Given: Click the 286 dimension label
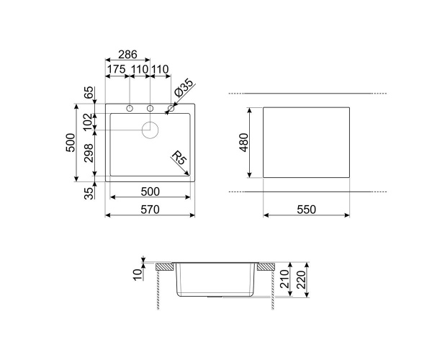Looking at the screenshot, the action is (x=127, y=55).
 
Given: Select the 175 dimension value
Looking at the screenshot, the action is (x=116, y=69).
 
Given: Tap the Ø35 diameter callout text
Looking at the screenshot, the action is (x=183, y=88).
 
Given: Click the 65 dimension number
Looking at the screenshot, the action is (x=89, y=93).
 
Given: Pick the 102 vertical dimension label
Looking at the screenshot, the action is (x=89, y=122).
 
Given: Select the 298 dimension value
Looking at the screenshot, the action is (x=89, y=153).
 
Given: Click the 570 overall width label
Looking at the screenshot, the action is (x=150, y=210).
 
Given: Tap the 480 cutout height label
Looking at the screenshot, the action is (x=244, y=143).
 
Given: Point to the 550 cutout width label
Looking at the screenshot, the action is (x=307, y=210).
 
